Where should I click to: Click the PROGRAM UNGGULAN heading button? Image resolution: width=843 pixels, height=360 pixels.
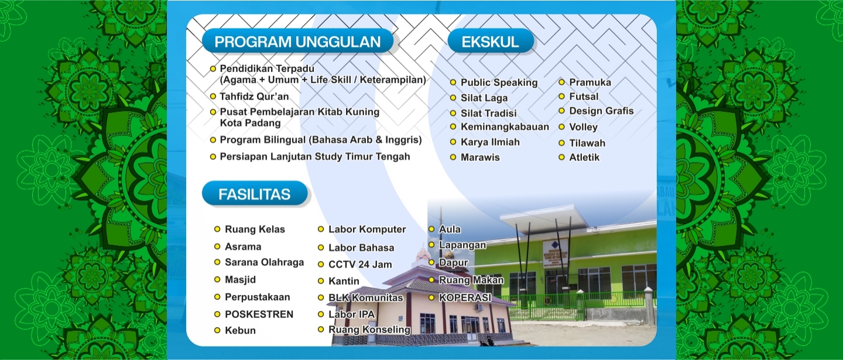tap(297, 41)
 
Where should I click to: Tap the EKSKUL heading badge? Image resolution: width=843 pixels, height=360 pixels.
tap(491, 41)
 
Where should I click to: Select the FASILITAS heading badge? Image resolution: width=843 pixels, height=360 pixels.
tap(255, 193)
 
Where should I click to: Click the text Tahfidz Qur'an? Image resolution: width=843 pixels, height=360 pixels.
tap(255, 97)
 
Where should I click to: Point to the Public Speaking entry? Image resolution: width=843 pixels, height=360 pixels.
tap(499, 83)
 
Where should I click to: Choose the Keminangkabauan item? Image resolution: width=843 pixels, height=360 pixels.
tap(505, 127)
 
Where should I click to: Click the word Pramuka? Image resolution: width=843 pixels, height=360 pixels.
tap(590, 82)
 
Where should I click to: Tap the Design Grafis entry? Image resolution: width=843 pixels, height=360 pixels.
tap(601, 111)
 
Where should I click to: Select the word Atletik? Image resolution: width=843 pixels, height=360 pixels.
tap(584, 157)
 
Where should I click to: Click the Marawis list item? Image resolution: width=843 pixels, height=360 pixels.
tap(480, 157)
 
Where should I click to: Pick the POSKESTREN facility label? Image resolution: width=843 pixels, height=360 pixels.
tap(259, 314)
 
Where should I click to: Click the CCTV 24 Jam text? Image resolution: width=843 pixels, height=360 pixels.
tap(360, 265)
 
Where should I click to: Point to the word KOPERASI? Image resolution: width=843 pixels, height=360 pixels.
tap(465, 297)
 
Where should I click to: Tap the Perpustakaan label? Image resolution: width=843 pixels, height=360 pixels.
tap(258, 297)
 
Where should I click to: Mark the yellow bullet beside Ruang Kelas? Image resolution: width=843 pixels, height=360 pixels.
tap(217, 229)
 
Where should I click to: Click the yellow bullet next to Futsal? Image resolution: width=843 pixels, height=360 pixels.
tap(561, 97)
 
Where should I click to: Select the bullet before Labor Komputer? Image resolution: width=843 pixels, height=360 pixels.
tap(321, 229)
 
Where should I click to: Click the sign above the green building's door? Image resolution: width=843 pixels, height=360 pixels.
tap(556, 252)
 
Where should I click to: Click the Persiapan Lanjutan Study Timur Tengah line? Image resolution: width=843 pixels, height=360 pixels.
tap(314, 157)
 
